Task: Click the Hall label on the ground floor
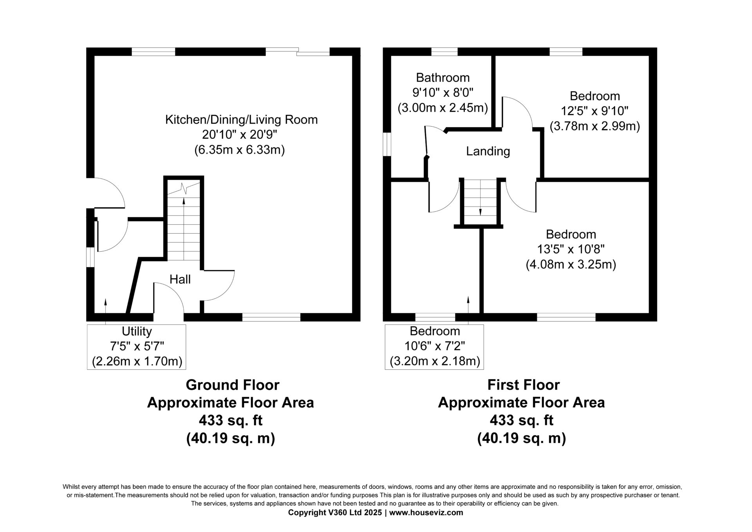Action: (x=180, y=279)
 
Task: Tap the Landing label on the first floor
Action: (x=488, y=151)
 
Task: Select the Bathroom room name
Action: (x=443, y=78)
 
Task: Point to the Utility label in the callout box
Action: (x=137, y=332)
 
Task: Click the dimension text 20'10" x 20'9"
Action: (x=240, y=134)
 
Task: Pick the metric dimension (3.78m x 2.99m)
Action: (x=595, y=126)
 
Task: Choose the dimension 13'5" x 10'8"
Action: (x=571, y=249)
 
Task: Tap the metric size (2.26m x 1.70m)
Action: (x=137, y=361)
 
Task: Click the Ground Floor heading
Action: (x=232, y=385)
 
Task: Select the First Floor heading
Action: (x=523, y=385)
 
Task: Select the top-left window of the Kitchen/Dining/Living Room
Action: (x=153, y=52)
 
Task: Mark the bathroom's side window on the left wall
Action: (x=387, y=144)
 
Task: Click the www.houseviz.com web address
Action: (x=426, y=512)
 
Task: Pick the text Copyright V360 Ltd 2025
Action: (x=335, y=512)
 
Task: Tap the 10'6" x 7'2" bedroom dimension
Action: (x=434, y=346)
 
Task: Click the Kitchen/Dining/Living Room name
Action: (x=241, y=120)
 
